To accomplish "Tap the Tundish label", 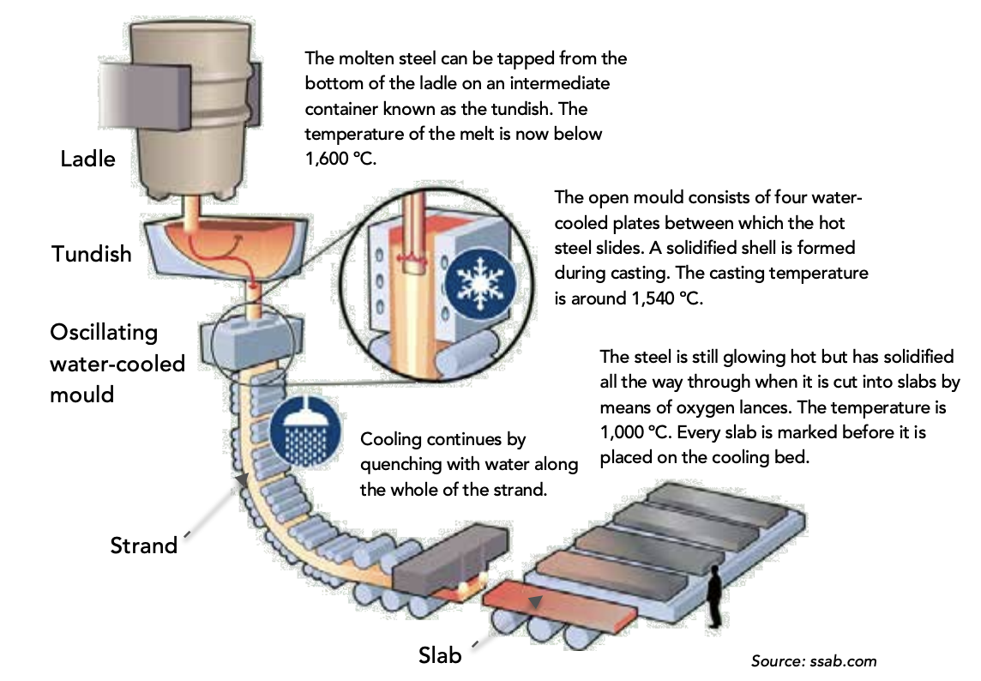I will (x=92, y=253).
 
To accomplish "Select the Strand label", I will (x=143, y=545).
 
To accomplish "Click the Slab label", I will (x=440, y=656).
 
